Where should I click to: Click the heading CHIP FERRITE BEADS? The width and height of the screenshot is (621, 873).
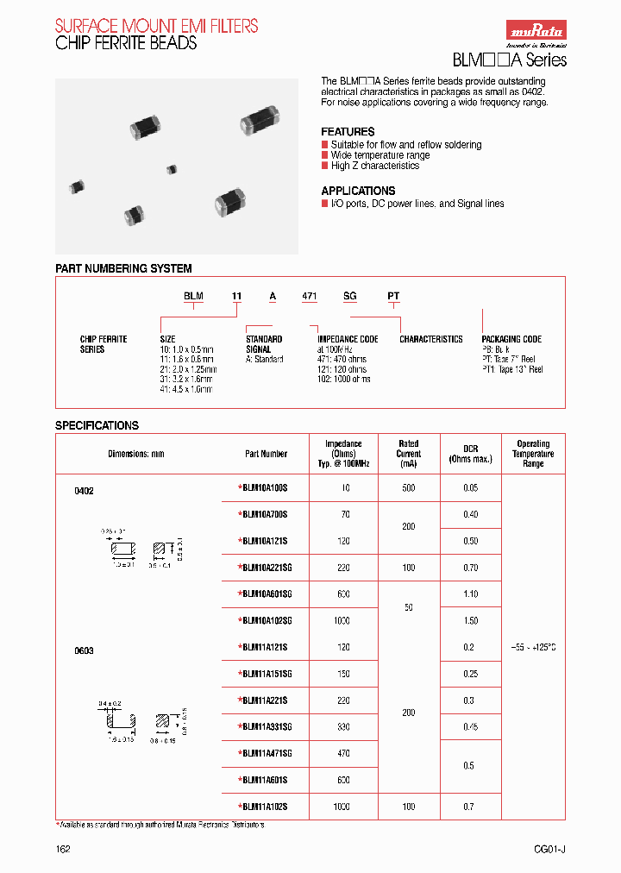(126, 43)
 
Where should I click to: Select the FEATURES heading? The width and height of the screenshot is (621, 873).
(348, 131)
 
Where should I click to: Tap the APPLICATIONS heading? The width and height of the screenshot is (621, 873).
(358, 191)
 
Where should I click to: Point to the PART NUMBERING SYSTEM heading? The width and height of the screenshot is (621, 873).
(123, 269)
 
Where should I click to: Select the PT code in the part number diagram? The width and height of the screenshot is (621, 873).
(393, 296)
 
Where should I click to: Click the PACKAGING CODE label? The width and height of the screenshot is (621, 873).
(511, 339)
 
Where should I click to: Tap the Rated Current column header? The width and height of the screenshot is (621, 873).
(409, 453)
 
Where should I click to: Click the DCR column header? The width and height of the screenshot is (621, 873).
(470, 453)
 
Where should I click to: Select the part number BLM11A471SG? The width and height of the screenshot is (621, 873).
(267, 753)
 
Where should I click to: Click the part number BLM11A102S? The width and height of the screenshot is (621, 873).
(264, 807)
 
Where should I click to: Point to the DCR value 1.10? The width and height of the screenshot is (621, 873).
(471, 594)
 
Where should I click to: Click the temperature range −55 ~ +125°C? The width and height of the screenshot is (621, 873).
(532, 646)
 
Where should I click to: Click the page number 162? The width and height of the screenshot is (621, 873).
(63, 849)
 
